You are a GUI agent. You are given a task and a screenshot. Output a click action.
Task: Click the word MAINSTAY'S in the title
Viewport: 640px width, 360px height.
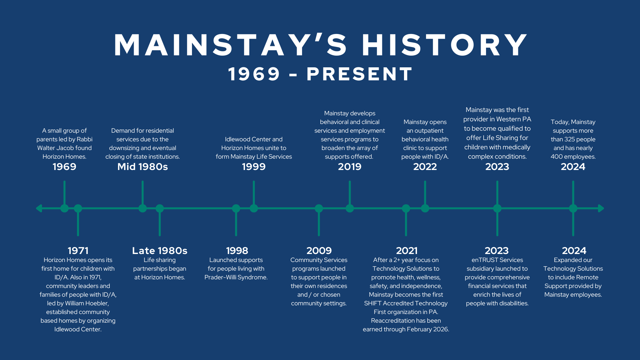pos(231,45)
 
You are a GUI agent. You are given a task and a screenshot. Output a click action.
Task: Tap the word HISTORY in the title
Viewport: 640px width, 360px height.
pos(445,45)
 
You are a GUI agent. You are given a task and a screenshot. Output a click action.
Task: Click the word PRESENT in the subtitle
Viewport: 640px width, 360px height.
pos(359,74)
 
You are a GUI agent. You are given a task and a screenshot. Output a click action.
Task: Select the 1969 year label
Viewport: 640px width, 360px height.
pos(64,167)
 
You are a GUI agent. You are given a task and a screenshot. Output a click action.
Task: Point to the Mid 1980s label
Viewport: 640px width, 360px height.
pos(143,167)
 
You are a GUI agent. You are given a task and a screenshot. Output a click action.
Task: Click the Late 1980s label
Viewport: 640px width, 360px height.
pos(160,251)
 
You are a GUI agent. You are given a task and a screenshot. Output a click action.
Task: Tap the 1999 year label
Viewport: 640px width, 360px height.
pos(254,167)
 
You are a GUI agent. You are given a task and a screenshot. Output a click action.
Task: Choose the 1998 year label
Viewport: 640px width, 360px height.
pos(237,251)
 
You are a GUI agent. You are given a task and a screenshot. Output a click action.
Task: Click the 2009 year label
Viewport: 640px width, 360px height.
pos(319,251)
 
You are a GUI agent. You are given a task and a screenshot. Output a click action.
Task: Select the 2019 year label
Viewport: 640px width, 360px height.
pos(350,167)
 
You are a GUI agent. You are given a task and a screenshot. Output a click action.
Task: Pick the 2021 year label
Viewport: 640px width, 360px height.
pos(407,251)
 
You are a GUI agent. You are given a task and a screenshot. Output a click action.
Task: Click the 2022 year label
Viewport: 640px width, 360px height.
pos(425,167)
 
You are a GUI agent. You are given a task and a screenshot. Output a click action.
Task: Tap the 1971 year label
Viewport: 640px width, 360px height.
pos(78,251)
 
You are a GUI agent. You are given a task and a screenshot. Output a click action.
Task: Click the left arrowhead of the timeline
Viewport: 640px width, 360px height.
pos(39,208)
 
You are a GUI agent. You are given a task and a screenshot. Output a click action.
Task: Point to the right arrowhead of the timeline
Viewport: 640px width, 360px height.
pos(601,208)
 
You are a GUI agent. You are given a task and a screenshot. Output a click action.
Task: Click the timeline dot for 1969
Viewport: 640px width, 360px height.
pos(64,208)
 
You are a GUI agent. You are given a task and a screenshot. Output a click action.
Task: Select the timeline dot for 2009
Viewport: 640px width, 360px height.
pos(319,208)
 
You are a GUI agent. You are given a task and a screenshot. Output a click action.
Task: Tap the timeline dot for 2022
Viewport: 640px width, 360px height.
pos(425,208)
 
